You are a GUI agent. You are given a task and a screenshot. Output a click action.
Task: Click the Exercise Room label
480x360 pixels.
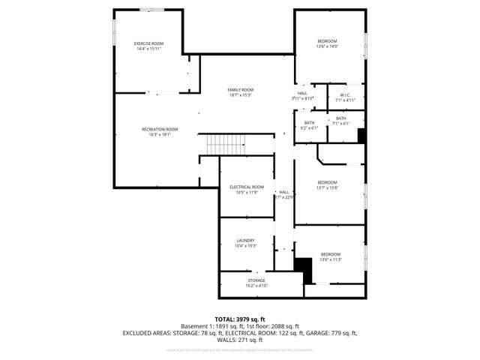pos(148,43)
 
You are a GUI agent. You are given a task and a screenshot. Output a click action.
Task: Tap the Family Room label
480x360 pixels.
pos(240,90)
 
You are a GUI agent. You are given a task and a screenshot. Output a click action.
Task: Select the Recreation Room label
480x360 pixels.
pos(160,129)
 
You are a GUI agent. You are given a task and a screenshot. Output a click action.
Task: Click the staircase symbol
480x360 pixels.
pos(226,142)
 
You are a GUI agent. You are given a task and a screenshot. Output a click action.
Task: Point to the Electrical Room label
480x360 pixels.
pos(246,187)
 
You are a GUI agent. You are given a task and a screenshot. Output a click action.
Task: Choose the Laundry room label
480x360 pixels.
pos(245,241)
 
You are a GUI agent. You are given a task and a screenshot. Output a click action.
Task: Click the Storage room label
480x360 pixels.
pos(256,280)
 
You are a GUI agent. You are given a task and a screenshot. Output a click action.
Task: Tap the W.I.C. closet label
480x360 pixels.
pos(345,95)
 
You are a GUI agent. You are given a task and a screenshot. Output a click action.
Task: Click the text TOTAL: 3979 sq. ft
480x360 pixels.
pos(240,319)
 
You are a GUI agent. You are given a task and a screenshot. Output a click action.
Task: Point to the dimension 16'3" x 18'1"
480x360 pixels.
pos(160,134)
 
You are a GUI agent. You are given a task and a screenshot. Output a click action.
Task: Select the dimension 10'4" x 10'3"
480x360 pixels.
pos(245,246)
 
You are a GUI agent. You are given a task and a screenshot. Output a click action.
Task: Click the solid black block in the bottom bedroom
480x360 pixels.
pos(303,269)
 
